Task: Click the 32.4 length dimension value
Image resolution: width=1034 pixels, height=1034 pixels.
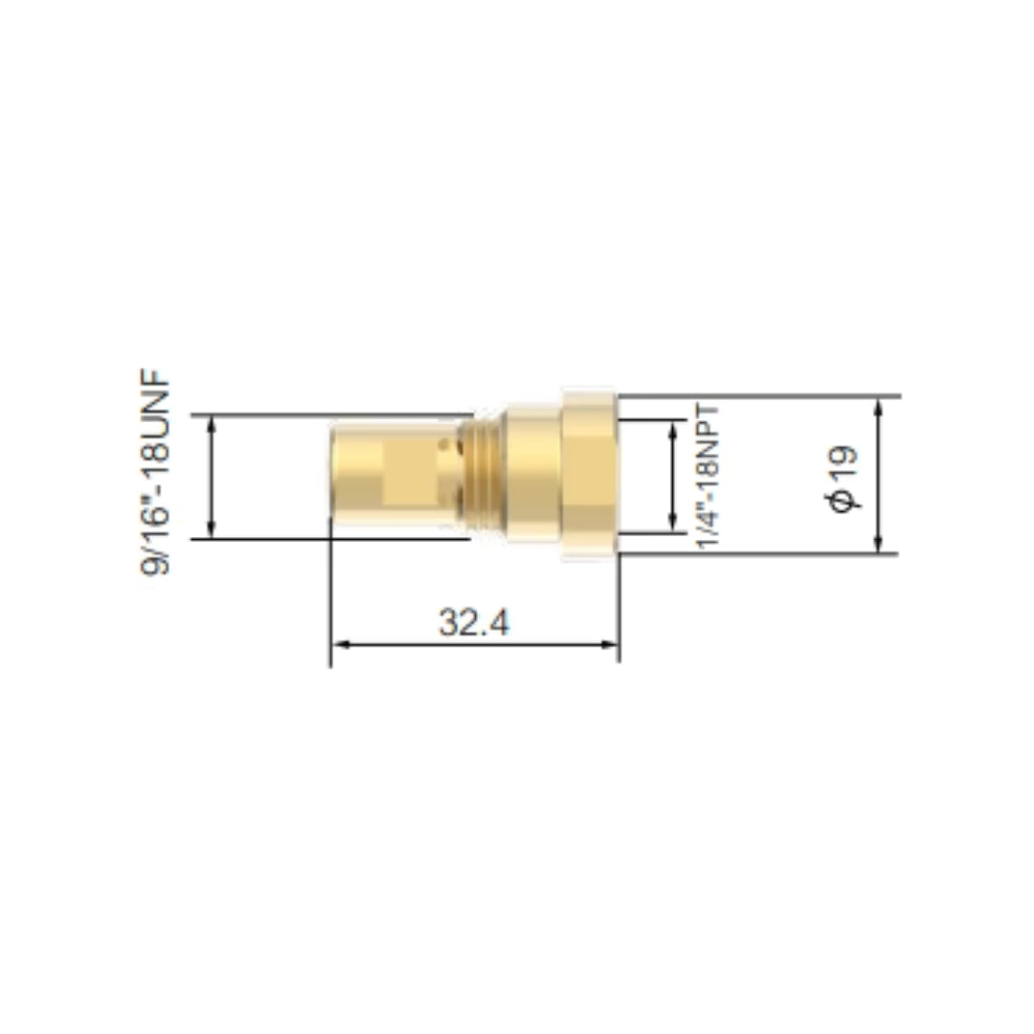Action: (474, 622)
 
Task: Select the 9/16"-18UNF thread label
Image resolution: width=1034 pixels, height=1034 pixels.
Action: (156, 472)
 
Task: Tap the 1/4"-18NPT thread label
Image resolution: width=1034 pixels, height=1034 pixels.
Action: (708, 477)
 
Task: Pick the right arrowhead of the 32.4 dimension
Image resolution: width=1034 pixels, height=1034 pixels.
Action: (611, 644)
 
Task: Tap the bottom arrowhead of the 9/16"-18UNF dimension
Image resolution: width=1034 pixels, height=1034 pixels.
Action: (211, 530)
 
